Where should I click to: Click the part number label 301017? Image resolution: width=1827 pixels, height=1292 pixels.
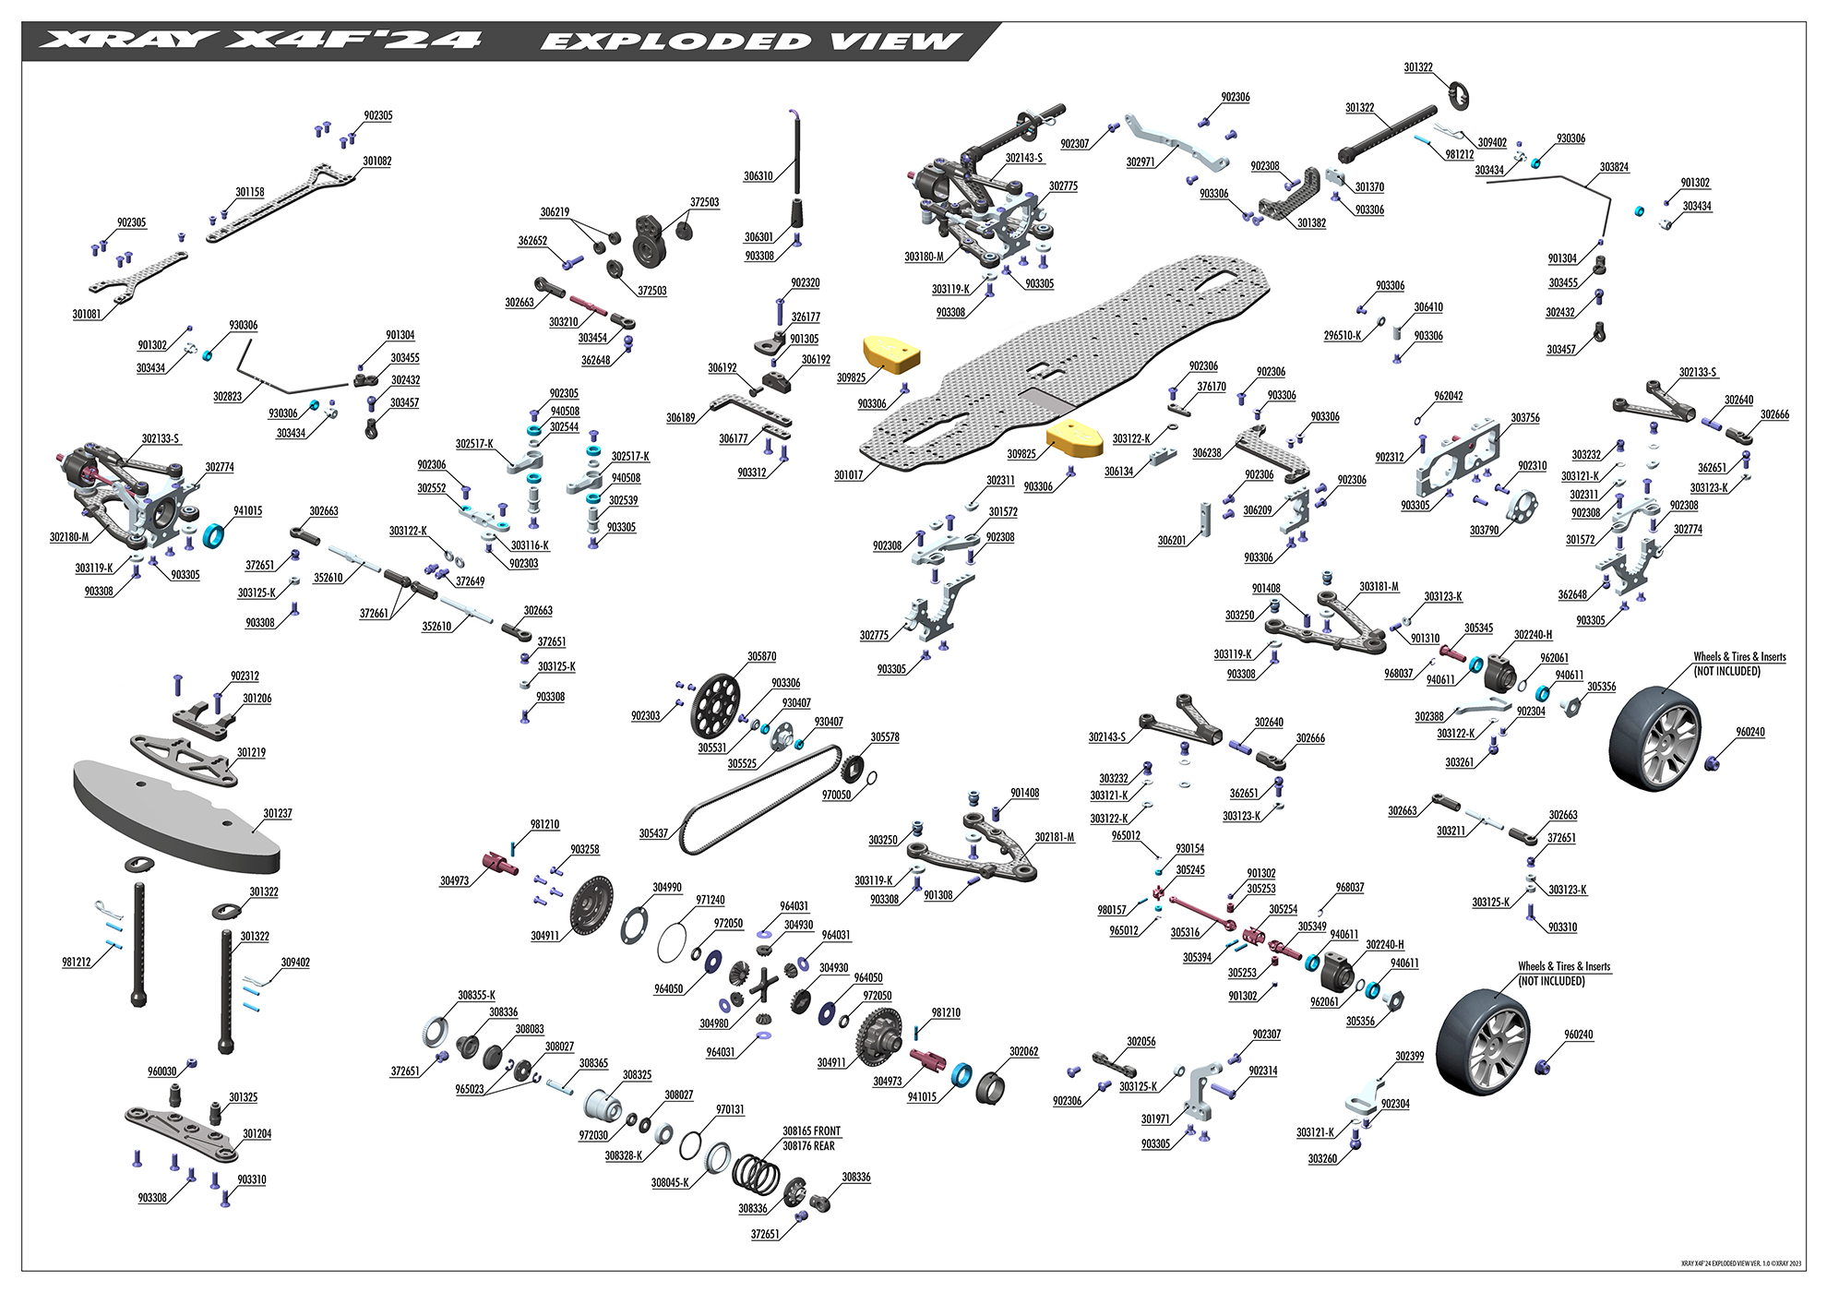[849, 475]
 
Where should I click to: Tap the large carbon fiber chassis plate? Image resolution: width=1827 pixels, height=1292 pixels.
[1061, 360]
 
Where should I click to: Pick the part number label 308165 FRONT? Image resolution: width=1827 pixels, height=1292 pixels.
[812, 1130]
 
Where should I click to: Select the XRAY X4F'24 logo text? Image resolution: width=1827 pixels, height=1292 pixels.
[263, 42]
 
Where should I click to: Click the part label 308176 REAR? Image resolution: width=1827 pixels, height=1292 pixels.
[808, 1145]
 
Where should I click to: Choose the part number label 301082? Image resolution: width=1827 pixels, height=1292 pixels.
[376, 161]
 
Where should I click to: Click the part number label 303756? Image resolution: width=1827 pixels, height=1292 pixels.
[1525, 418]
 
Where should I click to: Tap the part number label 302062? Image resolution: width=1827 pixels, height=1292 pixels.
[1024, 1051]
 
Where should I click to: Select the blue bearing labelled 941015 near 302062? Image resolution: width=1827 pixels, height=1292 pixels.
[962, 1074]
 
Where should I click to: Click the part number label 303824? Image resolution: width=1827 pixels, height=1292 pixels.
[1615, 167]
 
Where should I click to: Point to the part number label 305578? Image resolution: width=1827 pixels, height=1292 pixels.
[885, 737]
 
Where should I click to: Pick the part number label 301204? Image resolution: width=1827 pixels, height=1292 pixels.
[257, 1133]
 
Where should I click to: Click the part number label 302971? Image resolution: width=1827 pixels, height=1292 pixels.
[1141, 161]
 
